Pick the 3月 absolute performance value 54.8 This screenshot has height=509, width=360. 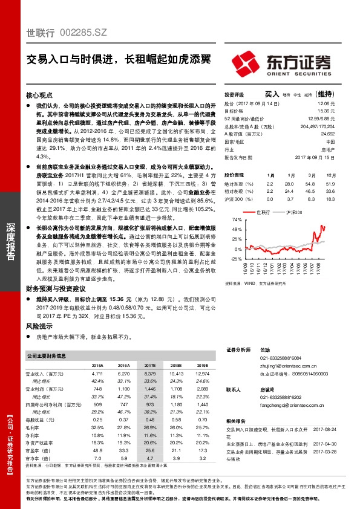coord(310,183)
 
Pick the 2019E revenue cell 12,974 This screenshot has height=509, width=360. coord(200,374)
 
